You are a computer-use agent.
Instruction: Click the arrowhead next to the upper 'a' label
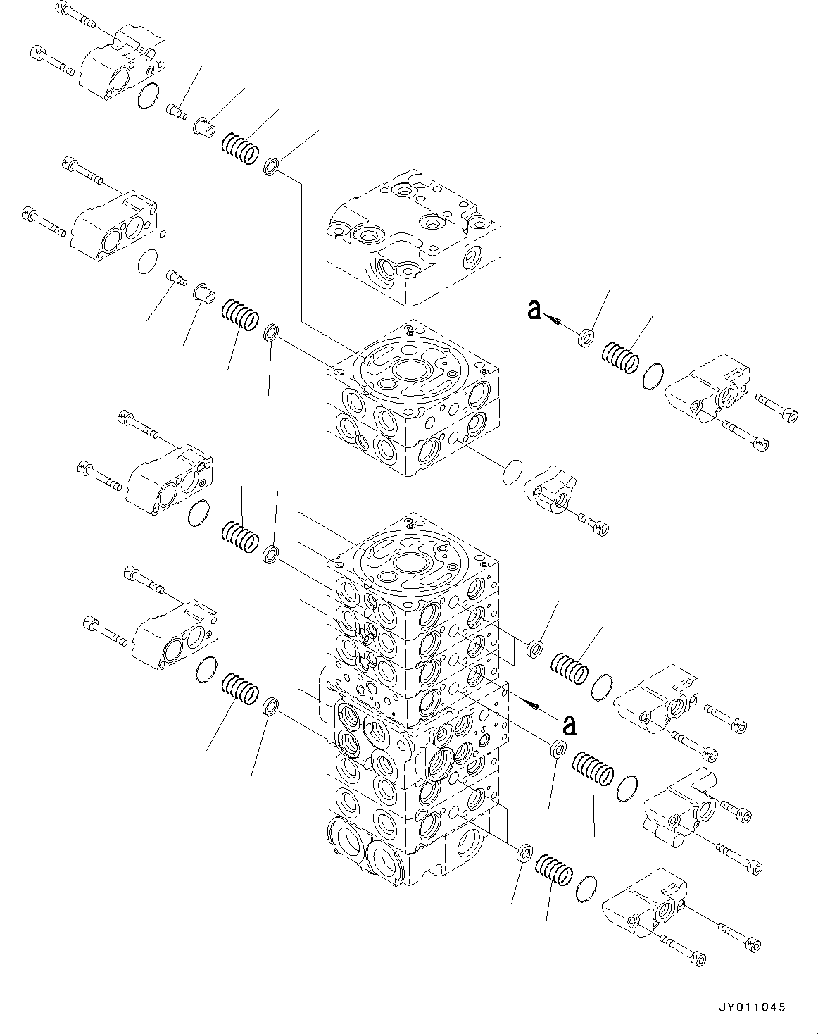click(556, 322)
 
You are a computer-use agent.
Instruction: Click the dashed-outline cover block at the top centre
click(412, 236)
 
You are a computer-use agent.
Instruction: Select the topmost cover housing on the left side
click(124, 64)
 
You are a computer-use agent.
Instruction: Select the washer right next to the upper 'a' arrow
click(586, 338)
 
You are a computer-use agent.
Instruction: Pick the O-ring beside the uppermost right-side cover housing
click(654, 377)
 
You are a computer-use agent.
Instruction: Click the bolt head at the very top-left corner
click(58, 10)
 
